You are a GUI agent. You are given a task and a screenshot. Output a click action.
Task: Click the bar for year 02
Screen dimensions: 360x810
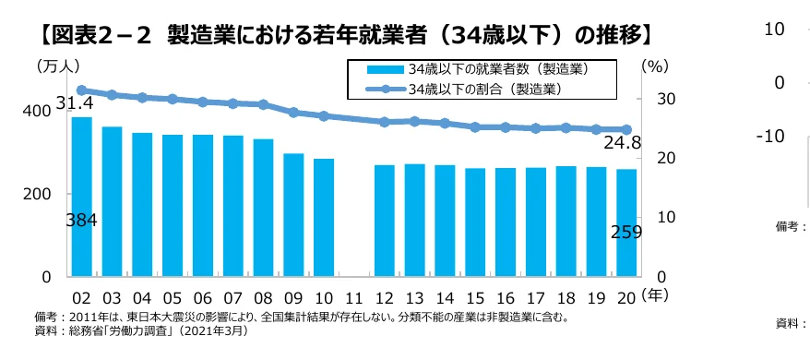pyautogui.click(x=82, y=197)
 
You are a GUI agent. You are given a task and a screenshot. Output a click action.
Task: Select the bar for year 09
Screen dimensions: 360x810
pyautogui.click(x=294, y=215)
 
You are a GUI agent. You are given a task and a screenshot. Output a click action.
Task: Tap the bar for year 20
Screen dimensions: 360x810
pyautogui.click(x=626, y=222)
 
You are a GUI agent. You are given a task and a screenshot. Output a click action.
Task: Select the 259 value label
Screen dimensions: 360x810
pyautogui.click(x=626, y=233)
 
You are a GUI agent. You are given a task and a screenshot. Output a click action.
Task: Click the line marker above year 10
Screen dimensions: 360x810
pyautogui.click(x=324, y=116)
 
